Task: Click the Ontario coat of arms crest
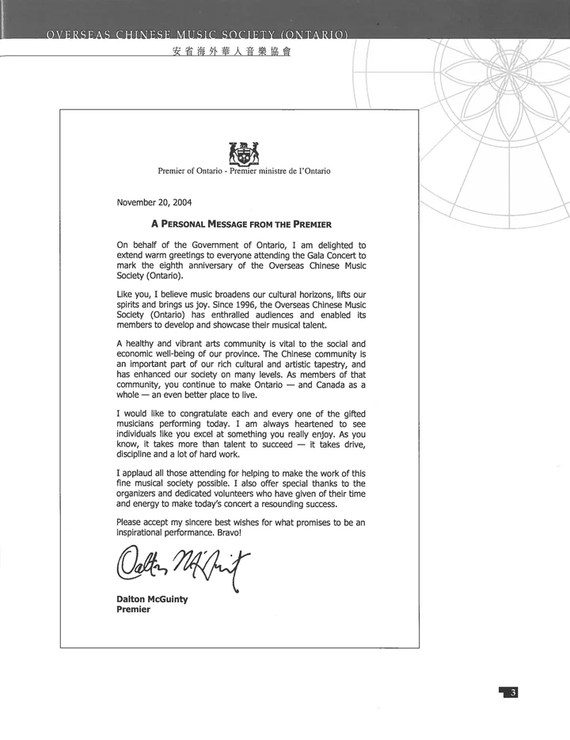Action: click(244, 151)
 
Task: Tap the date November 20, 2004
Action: click(154, 202)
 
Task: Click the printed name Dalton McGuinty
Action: click(152, 599)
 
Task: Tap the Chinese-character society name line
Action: click(225, 53)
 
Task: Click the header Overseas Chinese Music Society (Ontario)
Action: click(198, 35)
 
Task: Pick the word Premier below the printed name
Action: click(133, 610)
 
